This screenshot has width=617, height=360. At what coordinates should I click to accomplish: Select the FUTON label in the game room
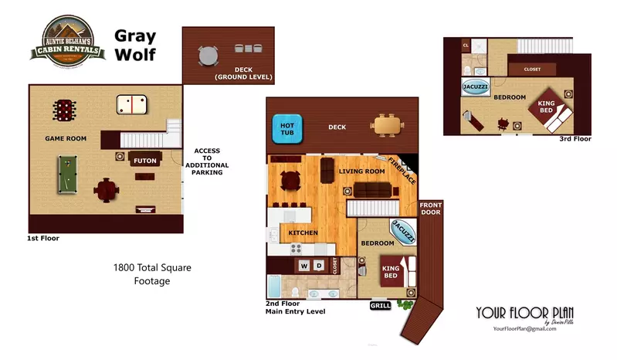145,161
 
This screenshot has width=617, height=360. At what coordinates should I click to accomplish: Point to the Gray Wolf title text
136,45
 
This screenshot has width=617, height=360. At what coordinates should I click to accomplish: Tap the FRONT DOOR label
430,209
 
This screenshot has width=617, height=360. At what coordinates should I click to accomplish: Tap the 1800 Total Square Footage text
152,274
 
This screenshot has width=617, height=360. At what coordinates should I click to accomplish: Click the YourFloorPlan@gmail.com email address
524,328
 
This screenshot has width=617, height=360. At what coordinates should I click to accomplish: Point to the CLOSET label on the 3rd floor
532,69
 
